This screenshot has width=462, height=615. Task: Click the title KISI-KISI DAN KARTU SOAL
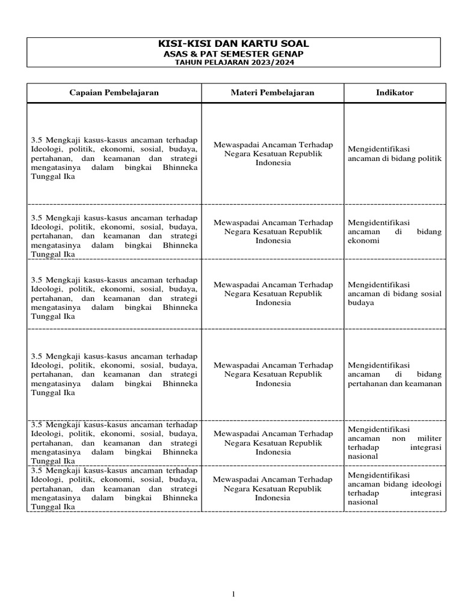pyautogui.click(x=234, y=43)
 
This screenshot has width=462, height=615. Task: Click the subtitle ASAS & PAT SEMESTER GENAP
pyautogui.click(x=234, y=53)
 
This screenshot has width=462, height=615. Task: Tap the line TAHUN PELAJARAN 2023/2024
pyautogui.click(x=234, y=62)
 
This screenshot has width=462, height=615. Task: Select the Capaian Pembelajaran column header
pyautogui.click(x=114, y=92)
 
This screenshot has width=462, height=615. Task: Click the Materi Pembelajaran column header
pyautogui.click(x=273, y=92)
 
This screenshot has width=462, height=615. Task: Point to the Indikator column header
pyautogui.click(x=394, y=92)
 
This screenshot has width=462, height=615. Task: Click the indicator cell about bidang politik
pyautogui.click(x=394, y=154)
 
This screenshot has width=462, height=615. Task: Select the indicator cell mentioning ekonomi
pyautogui.click(x=394, y=231)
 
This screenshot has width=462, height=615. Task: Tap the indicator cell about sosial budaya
pyautogui.click(x=394, y=293)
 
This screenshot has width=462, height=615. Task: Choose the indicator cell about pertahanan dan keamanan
pyautogui.click(x=394, y=374)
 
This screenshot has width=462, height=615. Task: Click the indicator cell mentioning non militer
pyautogui.click(x=394, y=443)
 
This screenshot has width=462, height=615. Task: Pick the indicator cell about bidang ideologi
pyautogui.click(x=394, y=489)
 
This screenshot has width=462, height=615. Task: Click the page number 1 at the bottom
pyautogui.click(x=234, y=595)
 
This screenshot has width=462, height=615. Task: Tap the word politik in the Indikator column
pyautogui.click(x=430, y=159)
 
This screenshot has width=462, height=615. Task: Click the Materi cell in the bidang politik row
pyautogui.click(x=273, y=154)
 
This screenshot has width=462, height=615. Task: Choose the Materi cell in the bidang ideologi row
pyautogui.click(x=273, y=489)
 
